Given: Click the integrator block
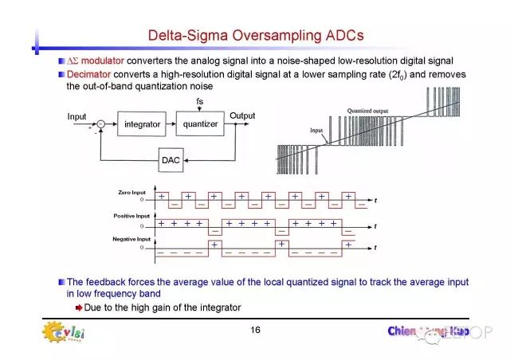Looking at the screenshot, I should click(143, 124).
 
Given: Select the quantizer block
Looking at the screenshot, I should click(200, 124).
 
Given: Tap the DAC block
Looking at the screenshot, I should click(171, 160).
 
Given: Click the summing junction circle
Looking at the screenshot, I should click(100, 124).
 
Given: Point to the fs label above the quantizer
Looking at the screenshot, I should click(199, 101).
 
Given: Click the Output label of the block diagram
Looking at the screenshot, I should click(242, 116).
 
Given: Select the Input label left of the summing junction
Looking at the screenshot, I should click(76, 116).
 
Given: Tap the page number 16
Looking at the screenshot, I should click(255, 330).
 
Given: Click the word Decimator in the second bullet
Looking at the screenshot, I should click(87, 74).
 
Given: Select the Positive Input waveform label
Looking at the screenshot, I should click(131, 216).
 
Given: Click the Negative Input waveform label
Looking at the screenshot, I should click(131, 239).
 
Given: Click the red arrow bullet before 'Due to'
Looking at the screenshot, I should click(78, 307).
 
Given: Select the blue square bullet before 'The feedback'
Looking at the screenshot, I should click(61, 282).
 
